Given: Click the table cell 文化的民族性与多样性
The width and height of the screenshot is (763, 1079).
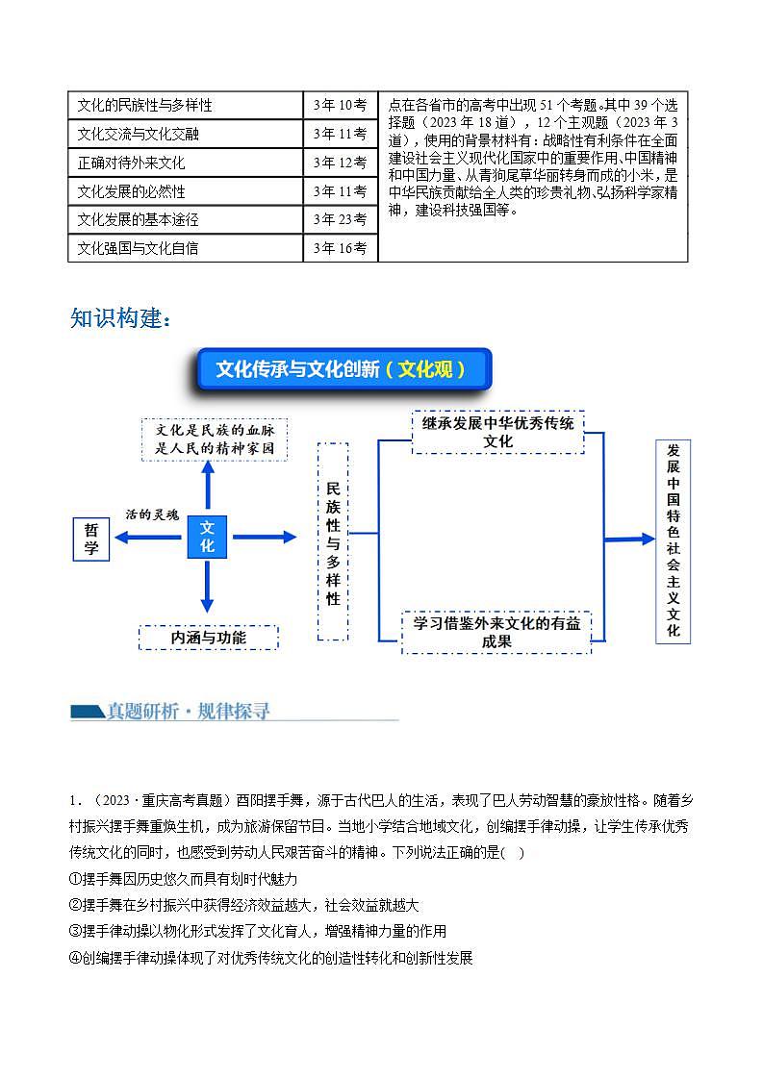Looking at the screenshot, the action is [x=185, y=105].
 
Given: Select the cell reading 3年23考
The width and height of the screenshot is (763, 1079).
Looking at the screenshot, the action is [x=340, y=219].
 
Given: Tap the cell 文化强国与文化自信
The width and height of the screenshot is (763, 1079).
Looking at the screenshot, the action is [x=185, y=248].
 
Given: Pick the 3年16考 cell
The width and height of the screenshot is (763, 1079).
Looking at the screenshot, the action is [x=340, y=248].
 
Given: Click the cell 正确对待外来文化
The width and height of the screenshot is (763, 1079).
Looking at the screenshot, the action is [x=185, y=163].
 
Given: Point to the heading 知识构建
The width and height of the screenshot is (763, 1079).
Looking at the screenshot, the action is [x=120, y=318].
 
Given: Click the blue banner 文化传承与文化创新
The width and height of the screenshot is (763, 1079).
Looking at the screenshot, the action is [x=343, y=369].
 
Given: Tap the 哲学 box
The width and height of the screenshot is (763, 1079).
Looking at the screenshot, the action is [x=91, y=539].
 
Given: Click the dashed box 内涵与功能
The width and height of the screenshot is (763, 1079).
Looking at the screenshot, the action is [x=209, y=638].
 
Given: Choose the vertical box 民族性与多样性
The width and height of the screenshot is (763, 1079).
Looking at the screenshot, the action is [x=333, y=541].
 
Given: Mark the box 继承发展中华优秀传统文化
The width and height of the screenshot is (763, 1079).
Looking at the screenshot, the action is [x=497, y=432].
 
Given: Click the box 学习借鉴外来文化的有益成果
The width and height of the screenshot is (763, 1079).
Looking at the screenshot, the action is [x=496, y=632].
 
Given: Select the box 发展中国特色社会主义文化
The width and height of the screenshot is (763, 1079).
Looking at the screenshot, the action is [x=674, y=541].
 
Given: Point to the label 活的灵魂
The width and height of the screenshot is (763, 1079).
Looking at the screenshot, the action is [x=152, y=514].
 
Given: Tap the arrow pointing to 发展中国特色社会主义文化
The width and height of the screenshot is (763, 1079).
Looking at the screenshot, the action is [x=630, y=539].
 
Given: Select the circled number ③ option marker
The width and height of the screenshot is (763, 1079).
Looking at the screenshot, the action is [x=76, y=931].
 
